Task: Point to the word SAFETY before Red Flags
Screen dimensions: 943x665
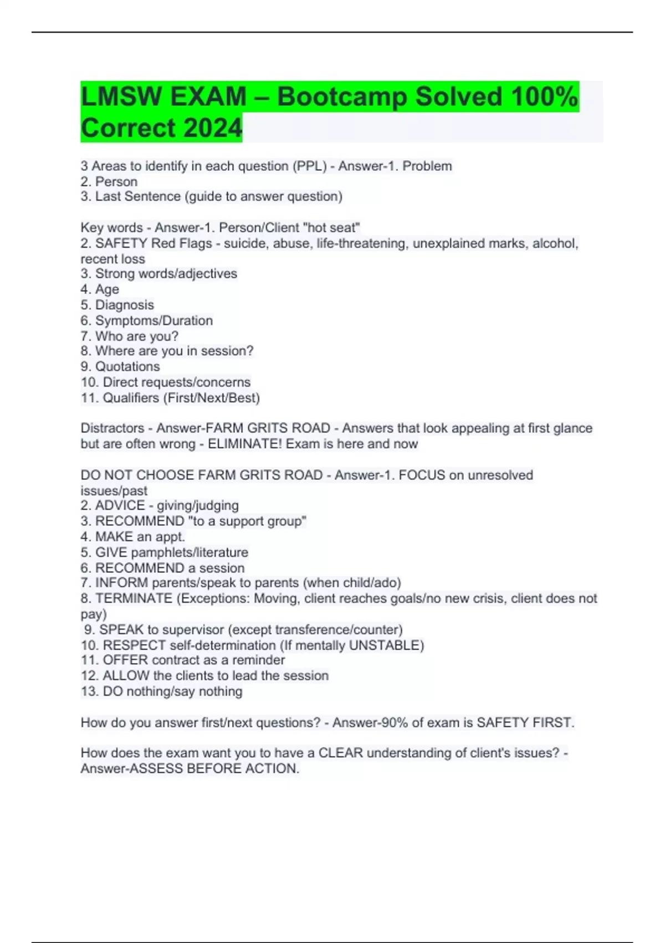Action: pyautogui.click(x=121, y=244)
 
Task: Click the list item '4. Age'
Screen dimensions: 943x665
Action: pyautogui.click(x=100, y=289)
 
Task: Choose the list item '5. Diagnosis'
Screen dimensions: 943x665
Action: pyautogui.click(x=117, y=305)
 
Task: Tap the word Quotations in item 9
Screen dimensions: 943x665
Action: pyautogui.click(x=127, y=367)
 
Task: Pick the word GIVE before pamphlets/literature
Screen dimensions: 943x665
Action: pyautogui.click(x=111, y=552)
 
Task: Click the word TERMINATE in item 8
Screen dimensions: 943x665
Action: pyautogui.click(x=134, y=599)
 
